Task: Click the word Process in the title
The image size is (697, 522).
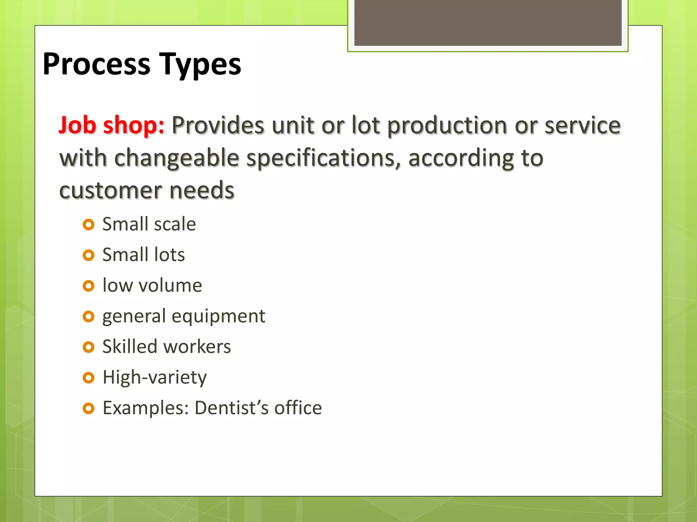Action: click(96, 65)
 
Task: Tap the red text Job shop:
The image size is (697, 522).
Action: click(112, 125)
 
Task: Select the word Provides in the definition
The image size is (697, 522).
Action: click(218, 125)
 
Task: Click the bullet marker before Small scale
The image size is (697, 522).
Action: click(88, 225)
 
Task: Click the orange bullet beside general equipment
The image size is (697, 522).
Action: click(88, 317)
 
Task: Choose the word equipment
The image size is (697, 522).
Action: click(218, 317)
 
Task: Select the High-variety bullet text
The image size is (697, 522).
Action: click(155, 378)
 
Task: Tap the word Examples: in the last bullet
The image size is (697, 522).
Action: click(146, 408)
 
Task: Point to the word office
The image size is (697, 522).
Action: click(298, 408)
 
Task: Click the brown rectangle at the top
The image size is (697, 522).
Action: click(488, 22)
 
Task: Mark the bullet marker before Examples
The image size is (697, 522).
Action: click(88, 408)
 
